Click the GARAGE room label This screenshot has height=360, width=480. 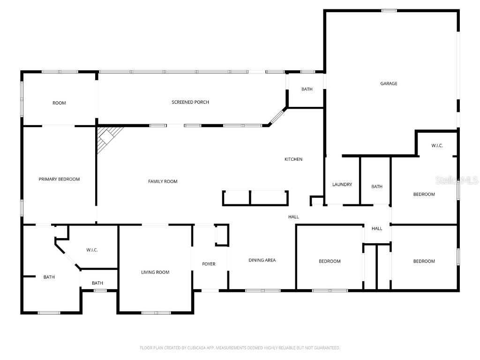tap(389, 83)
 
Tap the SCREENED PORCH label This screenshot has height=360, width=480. tap(190, 102)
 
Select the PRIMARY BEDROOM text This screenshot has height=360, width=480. tap(59, 179)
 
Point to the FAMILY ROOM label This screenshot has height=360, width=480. tap(163, 181)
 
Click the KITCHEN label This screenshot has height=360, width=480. tap(293, 159)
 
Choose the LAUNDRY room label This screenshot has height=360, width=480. tap(342, 185)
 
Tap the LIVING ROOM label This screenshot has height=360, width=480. tap(155, 272)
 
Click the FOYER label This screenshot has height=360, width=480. tap(209, 264)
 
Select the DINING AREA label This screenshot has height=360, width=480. tap(262, 260)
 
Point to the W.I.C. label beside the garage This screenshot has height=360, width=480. tap(437, 146)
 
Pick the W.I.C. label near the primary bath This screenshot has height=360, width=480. tap(92, 250)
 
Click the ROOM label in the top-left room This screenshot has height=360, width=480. tap(59, 103)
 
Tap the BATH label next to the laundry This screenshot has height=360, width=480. tap(377, 187)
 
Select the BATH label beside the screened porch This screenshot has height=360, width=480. tap(307, 89)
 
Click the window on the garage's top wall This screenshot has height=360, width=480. tap(389, 11)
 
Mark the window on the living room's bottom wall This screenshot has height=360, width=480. tap(156, 313)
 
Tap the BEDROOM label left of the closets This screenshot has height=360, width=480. tap(330, 261)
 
